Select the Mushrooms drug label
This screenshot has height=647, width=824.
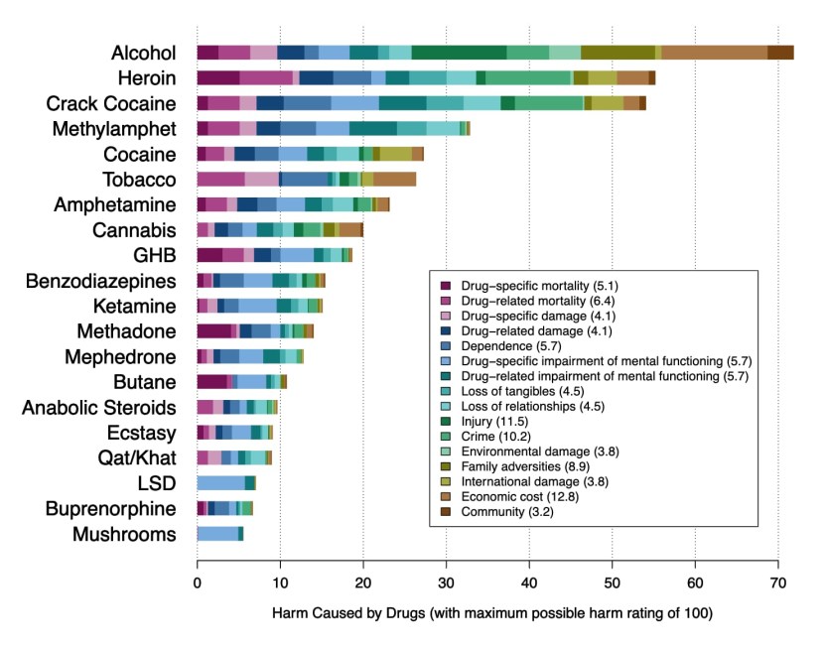point(124,535)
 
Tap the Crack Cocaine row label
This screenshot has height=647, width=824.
point(111,103)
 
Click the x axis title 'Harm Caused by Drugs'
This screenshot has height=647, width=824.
point(492,613)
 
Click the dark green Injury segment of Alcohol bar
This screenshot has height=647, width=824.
point(459,53)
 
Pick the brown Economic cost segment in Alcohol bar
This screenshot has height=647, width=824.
point(714,53)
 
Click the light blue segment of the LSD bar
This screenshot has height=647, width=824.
point(220,483)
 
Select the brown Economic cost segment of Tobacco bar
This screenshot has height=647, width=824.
point(394,180)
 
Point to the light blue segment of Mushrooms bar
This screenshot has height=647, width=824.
point(217,535)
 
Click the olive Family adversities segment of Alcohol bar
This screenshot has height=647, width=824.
point(618,53)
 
